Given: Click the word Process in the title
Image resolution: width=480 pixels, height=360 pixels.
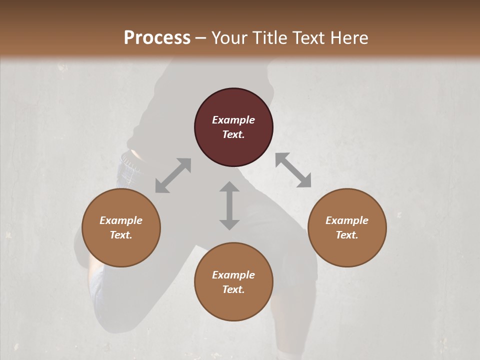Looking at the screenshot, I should [x=157, y=38].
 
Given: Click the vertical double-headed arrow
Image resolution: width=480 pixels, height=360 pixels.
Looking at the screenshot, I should [x=229, y=205].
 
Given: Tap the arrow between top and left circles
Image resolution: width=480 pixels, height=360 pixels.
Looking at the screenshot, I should [x=173, y=175].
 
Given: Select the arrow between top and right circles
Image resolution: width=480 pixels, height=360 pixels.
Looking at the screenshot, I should [x=293, y=170].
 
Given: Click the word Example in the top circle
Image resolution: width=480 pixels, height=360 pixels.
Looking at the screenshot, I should [x=233, y=120].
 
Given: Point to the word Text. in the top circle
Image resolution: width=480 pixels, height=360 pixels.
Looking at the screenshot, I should [x=233, y=134].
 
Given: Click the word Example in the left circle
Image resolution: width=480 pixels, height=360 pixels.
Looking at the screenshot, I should [x=121, y=220].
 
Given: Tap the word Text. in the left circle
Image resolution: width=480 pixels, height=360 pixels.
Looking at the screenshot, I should [x=121, y=235].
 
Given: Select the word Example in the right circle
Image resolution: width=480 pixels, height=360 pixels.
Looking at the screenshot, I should [x=347, y=220].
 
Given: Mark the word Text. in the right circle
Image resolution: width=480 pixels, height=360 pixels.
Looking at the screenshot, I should [x=347, y=235].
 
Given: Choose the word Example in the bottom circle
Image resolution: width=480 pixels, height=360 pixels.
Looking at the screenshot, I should [x=233, y=275].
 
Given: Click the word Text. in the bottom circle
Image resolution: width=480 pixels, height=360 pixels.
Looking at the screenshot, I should [x=233, y=289].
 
